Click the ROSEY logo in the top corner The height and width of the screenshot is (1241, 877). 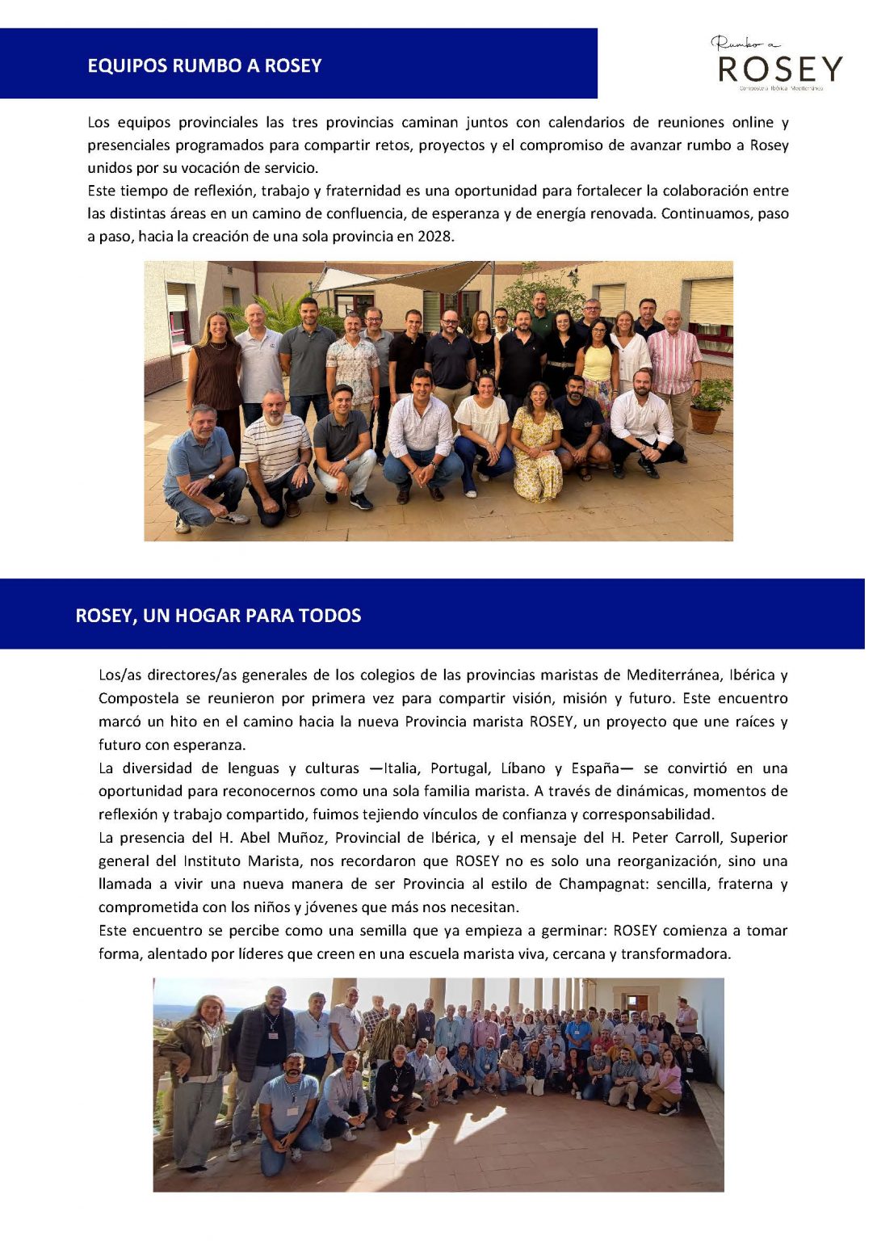click(x=779, y=65)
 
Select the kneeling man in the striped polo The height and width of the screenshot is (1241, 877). click(x=276, y=452)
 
